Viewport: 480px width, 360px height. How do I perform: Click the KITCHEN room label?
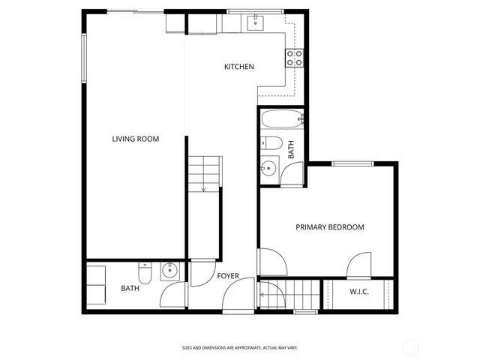click(x=239, y=67)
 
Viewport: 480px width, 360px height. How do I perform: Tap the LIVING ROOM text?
click(x=136, y=139)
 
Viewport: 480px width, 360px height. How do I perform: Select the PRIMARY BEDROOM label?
click(x=329, y=227)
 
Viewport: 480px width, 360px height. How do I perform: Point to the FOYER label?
click(x=228, y=276)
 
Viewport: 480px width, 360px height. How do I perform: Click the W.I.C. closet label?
click(x=358, y=291)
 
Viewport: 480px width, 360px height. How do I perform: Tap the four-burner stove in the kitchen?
click(x=294, y=58)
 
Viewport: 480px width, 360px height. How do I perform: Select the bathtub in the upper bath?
click(x=282, y=119)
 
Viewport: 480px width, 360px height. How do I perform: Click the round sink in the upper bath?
click(x=268, y=168)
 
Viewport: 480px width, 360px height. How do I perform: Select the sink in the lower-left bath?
click(x=169, y=271)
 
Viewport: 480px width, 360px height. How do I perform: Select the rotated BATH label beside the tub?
click(x=292, y=149)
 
